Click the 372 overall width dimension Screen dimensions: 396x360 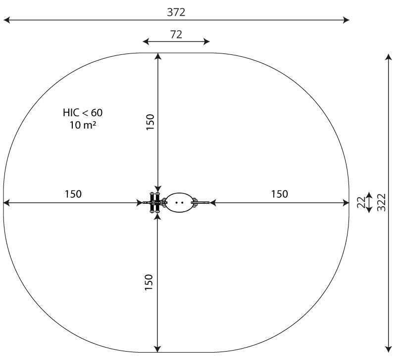[176, 12]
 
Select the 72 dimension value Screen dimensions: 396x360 [176, 34]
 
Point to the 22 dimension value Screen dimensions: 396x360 [361, 202]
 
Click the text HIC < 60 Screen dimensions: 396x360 [83, 113]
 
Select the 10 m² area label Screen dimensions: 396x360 [83, 125]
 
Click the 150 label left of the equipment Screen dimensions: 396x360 [73, 194]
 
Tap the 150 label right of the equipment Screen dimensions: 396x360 [279, 194]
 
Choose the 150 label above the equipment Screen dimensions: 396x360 [150, 122]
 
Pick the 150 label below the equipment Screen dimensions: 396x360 [149, 282]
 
